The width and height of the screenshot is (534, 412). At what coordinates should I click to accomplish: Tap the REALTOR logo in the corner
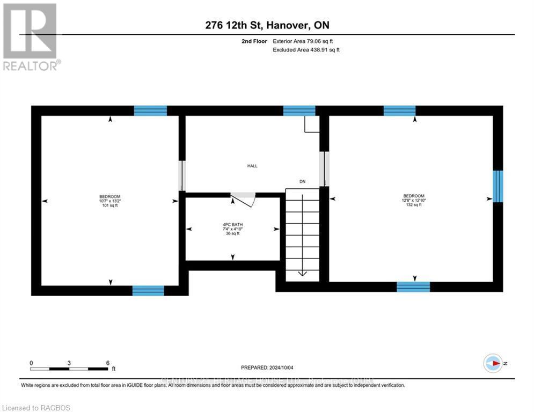tap(31, 36)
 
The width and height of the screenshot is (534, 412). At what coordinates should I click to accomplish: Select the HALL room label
tap(252, 166)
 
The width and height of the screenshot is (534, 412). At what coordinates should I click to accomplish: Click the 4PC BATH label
tap(232, 224)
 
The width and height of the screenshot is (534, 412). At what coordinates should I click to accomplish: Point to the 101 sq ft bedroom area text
tap(109, 205)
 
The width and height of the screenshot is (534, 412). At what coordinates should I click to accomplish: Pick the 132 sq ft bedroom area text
tap(414, 205)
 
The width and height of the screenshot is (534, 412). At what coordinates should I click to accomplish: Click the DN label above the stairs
tap(302, 182)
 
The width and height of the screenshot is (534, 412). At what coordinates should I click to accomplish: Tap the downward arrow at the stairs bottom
tap(302, 273)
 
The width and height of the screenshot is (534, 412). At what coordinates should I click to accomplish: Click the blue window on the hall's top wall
tap(299, 111)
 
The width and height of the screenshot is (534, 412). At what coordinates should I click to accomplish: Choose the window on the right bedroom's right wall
tap(498, 187)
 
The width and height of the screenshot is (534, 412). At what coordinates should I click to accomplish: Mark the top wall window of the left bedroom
tap(150, 111)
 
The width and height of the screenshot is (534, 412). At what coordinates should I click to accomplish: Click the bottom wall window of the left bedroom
tap(148, 290)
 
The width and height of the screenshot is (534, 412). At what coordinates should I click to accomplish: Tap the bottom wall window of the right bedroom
tap(413, 286)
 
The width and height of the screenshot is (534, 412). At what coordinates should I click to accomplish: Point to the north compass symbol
tap(493, 364)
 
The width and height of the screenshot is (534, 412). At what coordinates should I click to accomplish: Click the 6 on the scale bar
tap(108, 363)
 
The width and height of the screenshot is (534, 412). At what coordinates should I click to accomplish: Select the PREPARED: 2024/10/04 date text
tap(267, 367)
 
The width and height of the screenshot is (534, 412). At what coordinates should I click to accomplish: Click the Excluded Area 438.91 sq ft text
tap(306, 49)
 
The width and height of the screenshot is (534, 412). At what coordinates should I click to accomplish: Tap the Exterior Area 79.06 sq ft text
tap(306, 41)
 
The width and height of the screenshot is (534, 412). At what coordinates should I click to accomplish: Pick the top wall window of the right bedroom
tap(399, 111)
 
